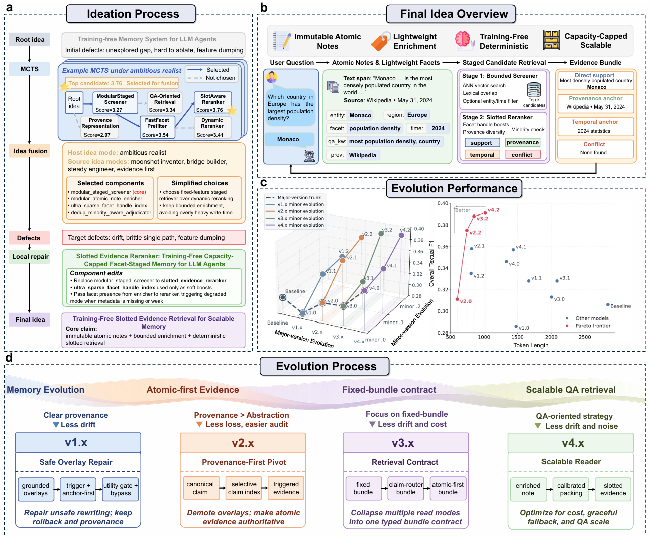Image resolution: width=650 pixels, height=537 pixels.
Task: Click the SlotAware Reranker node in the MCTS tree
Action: pos(213,102)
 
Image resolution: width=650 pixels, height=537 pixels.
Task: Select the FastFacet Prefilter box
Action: pos(157,127)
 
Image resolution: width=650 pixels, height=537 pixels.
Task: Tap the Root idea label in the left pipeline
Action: pos(30,40)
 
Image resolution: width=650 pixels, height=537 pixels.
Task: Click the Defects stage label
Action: pos(29,238)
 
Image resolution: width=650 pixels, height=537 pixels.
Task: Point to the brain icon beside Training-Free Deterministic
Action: pos(463,41)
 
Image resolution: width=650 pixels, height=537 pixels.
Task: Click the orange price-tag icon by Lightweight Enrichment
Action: pos(380,41)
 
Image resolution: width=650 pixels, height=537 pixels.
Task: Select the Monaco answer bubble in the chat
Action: pos(289,139)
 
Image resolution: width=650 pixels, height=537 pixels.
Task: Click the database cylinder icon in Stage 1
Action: pos(534,90)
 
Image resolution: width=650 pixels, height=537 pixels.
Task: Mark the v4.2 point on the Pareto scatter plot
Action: pos(485,213)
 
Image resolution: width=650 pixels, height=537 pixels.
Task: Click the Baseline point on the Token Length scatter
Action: pos(608,305)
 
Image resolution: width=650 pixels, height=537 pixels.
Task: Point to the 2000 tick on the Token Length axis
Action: pos(551,337)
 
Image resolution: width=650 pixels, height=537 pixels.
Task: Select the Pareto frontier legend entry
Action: pos(588,326)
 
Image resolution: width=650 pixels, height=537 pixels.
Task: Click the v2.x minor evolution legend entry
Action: pos(295,211)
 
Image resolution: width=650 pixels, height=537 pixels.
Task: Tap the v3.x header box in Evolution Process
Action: pos(405,443)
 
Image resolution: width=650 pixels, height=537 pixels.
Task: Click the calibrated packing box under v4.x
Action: pos(571,489)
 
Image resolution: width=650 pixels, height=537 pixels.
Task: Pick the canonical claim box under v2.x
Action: pos(200,488)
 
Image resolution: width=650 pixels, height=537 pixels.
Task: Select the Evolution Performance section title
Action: pos(454,189)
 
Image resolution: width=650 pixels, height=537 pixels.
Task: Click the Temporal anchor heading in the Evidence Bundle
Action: pos(595,122)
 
